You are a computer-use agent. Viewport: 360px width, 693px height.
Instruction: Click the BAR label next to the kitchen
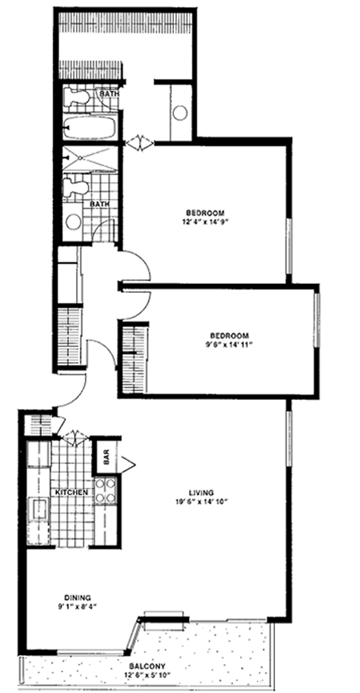(106, 460)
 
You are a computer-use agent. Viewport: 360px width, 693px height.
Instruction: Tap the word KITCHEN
(71, 493)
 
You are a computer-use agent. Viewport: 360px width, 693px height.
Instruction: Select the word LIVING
(201, 493)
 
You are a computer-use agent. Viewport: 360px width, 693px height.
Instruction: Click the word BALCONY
(147, 666)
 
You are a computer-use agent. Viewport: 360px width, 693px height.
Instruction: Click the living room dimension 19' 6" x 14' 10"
(202, 502)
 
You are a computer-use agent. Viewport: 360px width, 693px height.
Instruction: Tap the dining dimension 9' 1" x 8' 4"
(74, 606)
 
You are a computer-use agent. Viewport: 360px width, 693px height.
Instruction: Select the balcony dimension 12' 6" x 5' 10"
(147, 676)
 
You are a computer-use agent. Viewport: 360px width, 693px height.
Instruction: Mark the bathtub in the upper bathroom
(90, 128)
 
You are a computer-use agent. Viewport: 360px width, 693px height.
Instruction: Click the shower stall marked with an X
(90, 158)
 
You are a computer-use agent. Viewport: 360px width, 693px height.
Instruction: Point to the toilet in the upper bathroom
(76, 97)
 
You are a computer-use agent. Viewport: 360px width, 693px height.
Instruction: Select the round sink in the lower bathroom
(73, 222)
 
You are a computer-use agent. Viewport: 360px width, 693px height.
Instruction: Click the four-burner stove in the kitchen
(106, 490)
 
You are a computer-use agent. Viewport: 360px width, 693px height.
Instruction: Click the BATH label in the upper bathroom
(108, 94)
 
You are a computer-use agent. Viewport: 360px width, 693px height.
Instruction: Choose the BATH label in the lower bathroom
(98, 205)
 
